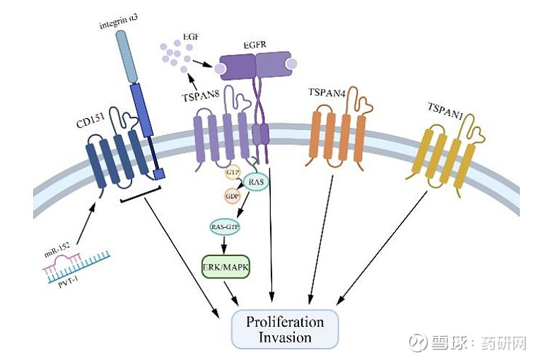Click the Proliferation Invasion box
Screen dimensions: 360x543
click(x=285, y=329)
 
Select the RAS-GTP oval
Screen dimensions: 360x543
click(x=226, y=227)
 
